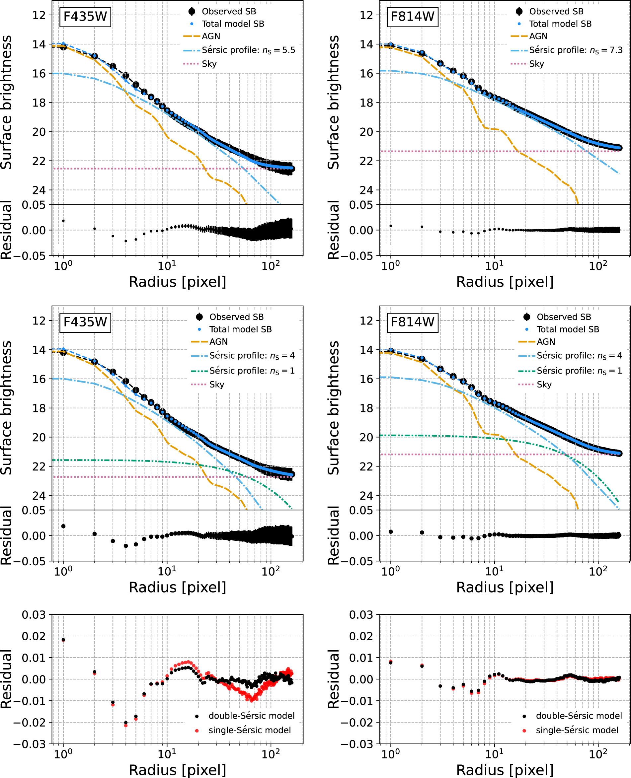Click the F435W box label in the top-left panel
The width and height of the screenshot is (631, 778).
(85, 17)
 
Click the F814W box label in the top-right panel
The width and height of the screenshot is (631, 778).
(412, 17)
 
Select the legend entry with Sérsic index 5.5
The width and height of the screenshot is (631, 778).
(248, 50)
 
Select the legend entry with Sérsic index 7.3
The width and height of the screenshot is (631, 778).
(575, 50)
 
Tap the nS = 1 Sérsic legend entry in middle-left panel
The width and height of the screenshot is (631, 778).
(252, 371)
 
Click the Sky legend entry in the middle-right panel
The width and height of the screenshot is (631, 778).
(544, 385)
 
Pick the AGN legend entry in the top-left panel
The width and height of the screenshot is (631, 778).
(211, 36)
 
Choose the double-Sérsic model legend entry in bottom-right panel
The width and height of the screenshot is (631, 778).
(579, 716)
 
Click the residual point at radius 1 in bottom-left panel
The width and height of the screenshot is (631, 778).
(63, 640)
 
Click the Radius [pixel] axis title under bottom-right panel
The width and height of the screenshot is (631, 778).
(505, 770)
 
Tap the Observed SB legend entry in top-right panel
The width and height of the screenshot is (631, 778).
(556, 12)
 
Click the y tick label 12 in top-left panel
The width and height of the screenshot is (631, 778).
(39, 15)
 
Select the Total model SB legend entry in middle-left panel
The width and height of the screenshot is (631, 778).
(240, 329)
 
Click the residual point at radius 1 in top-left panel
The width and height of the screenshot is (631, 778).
(63, 221)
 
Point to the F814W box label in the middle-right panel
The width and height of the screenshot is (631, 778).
(412, 322)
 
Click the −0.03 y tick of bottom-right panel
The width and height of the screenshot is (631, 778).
(357, 744)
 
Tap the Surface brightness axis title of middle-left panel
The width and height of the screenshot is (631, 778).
(7, 407)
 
